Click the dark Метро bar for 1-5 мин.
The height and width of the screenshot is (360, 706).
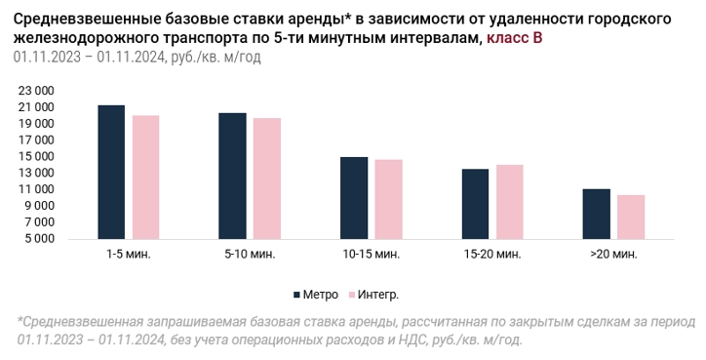click(111, 172)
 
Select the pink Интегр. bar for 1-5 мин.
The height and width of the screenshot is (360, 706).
click(146, 177)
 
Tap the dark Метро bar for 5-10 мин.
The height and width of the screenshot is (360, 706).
click(233, 176)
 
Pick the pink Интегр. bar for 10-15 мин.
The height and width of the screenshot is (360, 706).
click(388, 199)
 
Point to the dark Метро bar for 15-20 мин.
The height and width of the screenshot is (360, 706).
click(476, 204)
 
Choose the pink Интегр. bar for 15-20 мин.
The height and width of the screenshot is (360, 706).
click(510, 202)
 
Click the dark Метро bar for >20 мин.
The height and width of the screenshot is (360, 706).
click(597, 214)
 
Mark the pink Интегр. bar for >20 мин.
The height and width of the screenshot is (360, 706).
click(631, 217)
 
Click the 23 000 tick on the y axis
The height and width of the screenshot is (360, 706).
click(36, 91)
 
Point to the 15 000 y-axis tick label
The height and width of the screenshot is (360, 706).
click(36, 157)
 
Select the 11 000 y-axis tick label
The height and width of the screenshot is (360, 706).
click(36, 189)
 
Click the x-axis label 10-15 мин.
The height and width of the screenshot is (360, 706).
click(371, 254)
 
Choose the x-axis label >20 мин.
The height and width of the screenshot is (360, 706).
click(613, 254)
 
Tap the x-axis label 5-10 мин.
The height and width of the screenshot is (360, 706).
click(250, 254)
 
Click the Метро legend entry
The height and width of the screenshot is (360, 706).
click(316, 295)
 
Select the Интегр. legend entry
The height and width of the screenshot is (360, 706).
click(373, 295)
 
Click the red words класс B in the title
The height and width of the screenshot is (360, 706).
click(515, 38)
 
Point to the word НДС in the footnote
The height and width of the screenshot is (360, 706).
click(410, 340)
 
